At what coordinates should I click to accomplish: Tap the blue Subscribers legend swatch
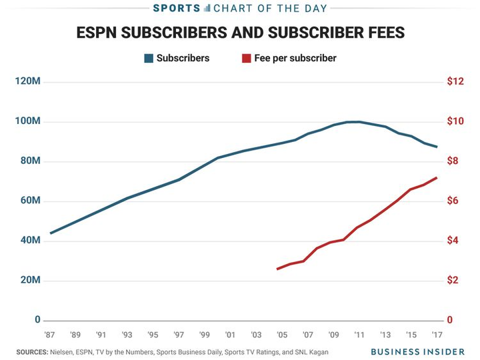[148, 58]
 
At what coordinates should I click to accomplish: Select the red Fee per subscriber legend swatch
[246, 58]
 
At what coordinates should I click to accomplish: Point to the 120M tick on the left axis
[29, 81]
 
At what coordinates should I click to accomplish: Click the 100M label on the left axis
[29, 121]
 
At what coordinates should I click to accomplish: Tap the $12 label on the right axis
[455, 81]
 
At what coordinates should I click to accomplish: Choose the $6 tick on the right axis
[453, 201]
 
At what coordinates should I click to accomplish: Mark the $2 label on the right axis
[453, 280]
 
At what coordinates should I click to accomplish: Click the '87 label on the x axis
[49, 335]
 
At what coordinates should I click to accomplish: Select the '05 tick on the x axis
[282, 335]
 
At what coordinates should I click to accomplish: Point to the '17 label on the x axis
[437, 335]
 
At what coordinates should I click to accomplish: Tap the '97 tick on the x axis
[179, 335]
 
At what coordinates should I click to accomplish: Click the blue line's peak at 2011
[359, 121]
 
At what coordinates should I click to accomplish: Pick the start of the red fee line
[277, 269]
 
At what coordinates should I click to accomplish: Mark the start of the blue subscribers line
[50, 233]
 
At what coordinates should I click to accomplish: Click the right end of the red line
[437, 177]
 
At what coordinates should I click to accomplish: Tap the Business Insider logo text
[417, 351]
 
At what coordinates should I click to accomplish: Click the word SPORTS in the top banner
[177, 8]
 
